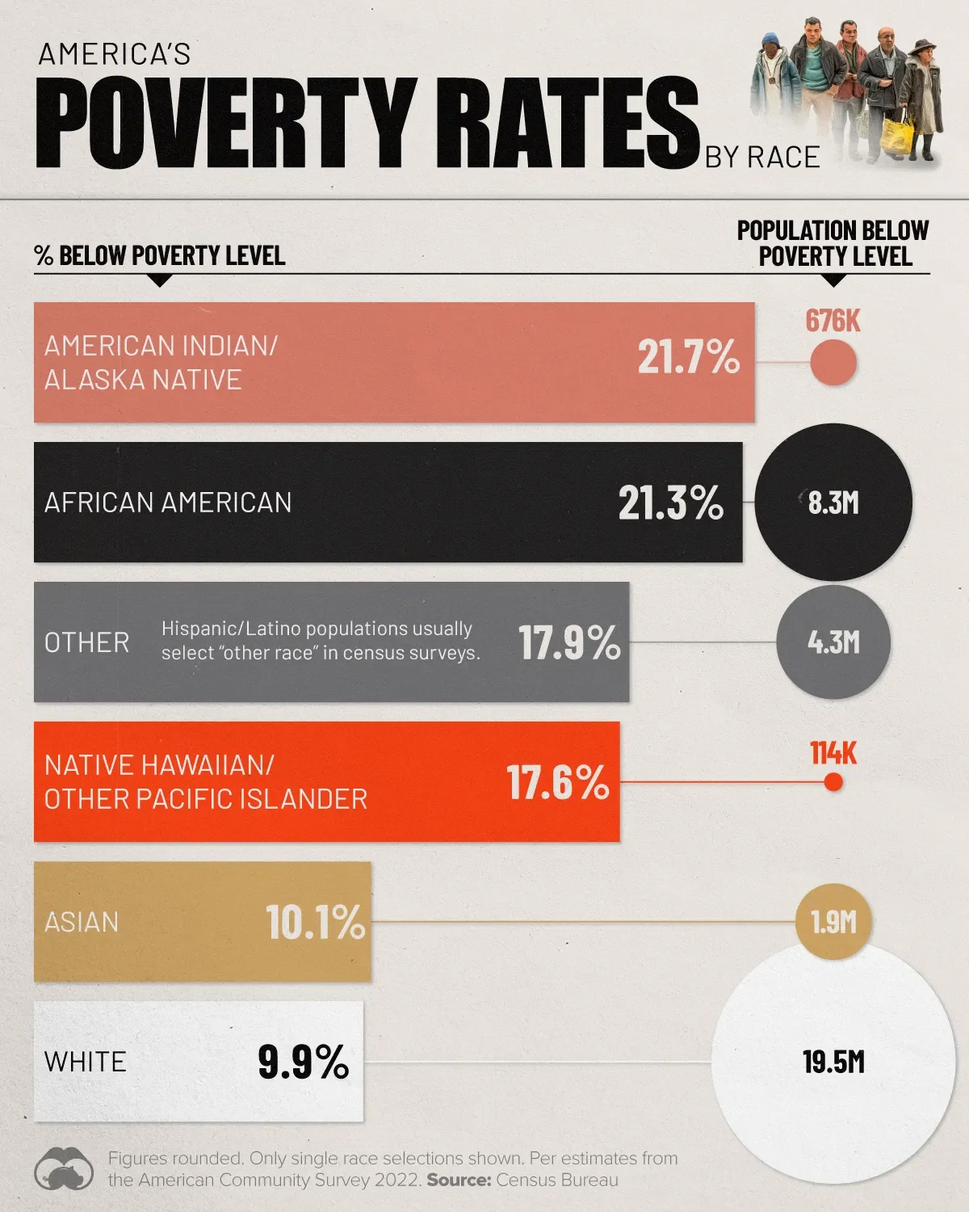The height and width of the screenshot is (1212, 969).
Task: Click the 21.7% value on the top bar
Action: [x=688, y=356]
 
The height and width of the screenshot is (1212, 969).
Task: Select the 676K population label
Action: [x=833, y=321]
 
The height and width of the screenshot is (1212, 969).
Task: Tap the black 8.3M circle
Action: [x=833, y=503]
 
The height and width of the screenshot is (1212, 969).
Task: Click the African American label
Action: [x=168, y=503]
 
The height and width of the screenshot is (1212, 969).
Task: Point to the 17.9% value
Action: [x=569, y=643]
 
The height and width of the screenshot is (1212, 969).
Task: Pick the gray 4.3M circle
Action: [x=833, y=642]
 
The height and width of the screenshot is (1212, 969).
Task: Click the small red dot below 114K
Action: [x=833, y=782]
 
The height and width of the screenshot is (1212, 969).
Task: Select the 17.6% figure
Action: [x=558, y=783]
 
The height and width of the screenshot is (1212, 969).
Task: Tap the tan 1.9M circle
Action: [x=833, y=922]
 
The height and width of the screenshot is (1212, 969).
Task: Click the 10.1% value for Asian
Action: [x=316, y=922]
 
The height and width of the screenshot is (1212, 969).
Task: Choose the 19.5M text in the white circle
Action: [x=833, y=1062]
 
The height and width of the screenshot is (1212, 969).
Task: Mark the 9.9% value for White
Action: [x=304, y=1062]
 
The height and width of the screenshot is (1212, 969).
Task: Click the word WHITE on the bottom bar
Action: [x=86, y=1062]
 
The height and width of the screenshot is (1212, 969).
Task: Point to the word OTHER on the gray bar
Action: [x=87, y=643]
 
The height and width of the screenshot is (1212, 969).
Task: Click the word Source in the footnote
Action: [x=458, y=1180]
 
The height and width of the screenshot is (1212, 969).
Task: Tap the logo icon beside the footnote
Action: [x=64, y=1168]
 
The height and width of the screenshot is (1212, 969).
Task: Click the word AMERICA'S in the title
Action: [x=115, y=54]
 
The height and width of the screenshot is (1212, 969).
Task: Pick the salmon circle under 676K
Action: [x=833, y=362]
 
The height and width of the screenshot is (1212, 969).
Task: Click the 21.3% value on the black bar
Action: [x=671, y=503]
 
